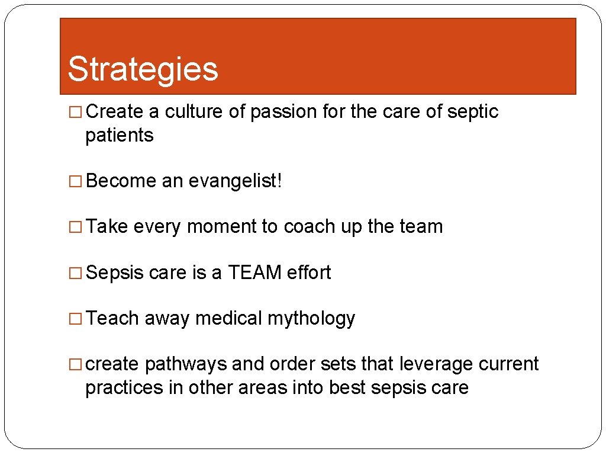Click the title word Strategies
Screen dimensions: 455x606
point(143,69)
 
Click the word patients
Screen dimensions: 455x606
point(120,136)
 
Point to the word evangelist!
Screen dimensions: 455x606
point(236,181)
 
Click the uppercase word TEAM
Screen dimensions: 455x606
point(255,273)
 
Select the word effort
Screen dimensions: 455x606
point(309,273)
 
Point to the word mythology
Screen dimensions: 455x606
point(311,319)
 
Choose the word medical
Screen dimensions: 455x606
point(228,319)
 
